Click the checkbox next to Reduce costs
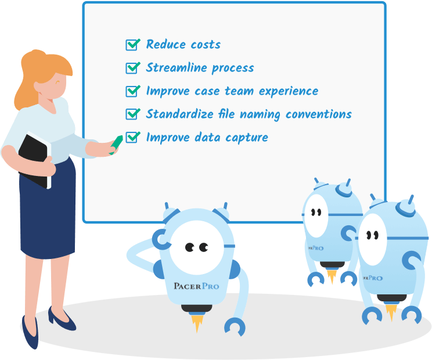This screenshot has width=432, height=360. tap(132, 45)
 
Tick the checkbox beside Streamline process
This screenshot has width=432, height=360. tap(132, 68)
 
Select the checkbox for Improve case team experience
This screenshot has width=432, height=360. tap(132, 91)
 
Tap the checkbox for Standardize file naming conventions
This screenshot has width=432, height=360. tap(132, 114)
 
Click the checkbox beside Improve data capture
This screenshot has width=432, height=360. tap(132, 138)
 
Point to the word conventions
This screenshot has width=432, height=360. tap(319, 114)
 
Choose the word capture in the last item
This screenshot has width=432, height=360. tap(247, 138)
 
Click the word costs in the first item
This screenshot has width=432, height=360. tap(206, 45)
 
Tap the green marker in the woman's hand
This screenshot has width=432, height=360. tap(116, 145)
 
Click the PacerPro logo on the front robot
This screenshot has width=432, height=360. tap(196, 286)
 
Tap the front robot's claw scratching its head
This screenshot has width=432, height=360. tap(161, 239)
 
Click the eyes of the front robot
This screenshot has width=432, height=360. tap(196, 247)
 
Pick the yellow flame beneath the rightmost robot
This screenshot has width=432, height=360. tap(391, 311)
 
